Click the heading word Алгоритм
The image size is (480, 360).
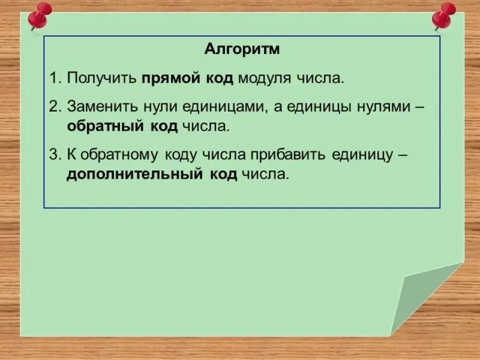(242, 49)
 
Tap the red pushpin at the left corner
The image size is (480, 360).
(39, 16)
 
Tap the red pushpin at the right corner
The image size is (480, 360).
(443, 16)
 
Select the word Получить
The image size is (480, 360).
(101, 79)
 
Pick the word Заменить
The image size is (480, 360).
(102, 107)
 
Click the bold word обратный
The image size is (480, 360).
(106, 126)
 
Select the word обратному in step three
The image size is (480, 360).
(119, 155)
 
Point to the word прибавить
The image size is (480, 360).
(288, 155)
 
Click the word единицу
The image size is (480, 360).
(362, 155)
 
